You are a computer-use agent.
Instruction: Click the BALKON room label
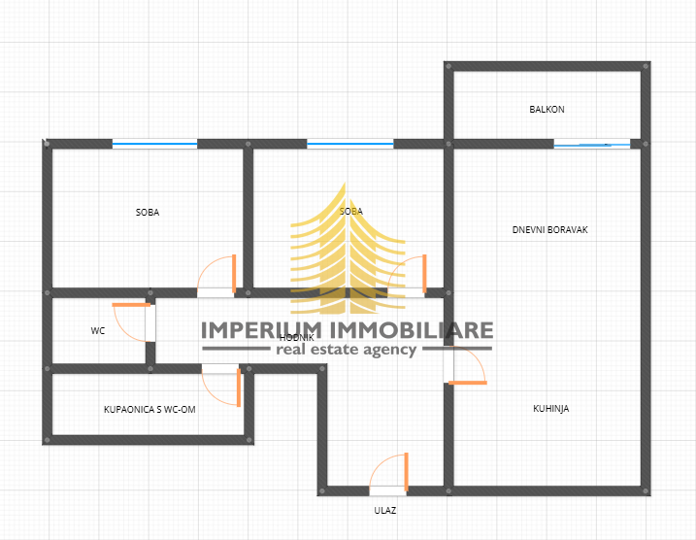(x=547, y=109)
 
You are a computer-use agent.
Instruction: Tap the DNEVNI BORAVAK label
(x=550, y=230)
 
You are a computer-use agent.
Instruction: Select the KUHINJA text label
(x=550, y=409)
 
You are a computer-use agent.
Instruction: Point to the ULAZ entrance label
(x=384, y=511)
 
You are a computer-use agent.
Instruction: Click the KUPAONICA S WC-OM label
(x=149, y=410)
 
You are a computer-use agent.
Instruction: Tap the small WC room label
(x=98, y=331)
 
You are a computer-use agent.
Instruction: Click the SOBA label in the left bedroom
(x=148, y=213)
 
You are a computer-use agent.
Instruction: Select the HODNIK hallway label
(x=296, y=338)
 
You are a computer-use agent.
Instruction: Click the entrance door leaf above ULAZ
(x=406, y=472)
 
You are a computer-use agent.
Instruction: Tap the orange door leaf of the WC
(x=131, y=305)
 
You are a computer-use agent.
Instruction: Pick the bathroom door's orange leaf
(x=239, y=388)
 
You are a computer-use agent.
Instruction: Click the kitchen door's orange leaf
(x=468, y=383)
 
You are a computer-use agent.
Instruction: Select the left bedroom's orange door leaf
(x=234, y=274)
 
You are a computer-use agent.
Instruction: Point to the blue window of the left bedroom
(x=154, y=144)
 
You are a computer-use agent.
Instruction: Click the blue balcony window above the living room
(x=592, y=144)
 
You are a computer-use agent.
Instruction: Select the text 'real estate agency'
(x=347, y=350)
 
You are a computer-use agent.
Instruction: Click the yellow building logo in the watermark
(x=348, y=249)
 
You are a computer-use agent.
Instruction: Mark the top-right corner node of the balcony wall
(x=646, y=66)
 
